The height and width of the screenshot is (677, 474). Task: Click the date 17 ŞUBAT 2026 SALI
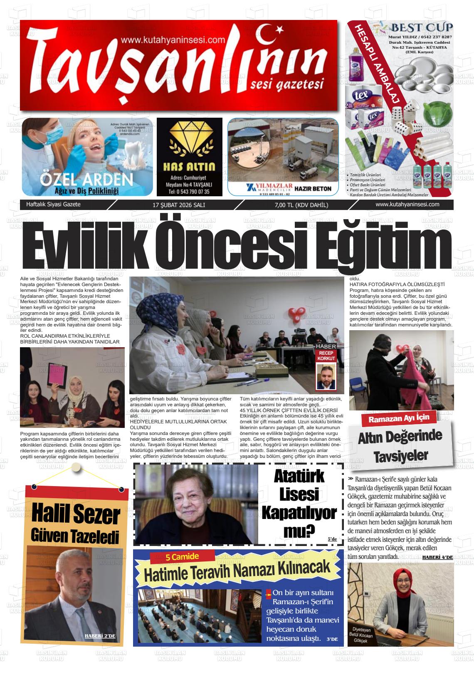[179, 205]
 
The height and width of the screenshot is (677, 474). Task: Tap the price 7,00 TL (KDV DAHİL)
[301, 205]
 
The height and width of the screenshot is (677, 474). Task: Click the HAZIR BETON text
[313, 188]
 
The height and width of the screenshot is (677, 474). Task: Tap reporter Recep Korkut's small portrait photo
[326, 376]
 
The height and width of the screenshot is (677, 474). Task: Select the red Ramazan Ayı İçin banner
[397, 418]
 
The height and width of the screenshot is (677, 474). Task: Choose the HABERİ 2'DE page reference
[100, 636]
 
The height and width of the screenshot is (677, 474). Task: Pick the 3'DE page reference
[332, 639]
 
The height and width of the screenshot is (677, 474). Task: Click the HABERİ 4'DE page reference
[437, 557]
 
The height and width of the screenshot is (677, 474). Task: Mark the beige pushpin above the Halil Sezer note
[76, 467]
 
